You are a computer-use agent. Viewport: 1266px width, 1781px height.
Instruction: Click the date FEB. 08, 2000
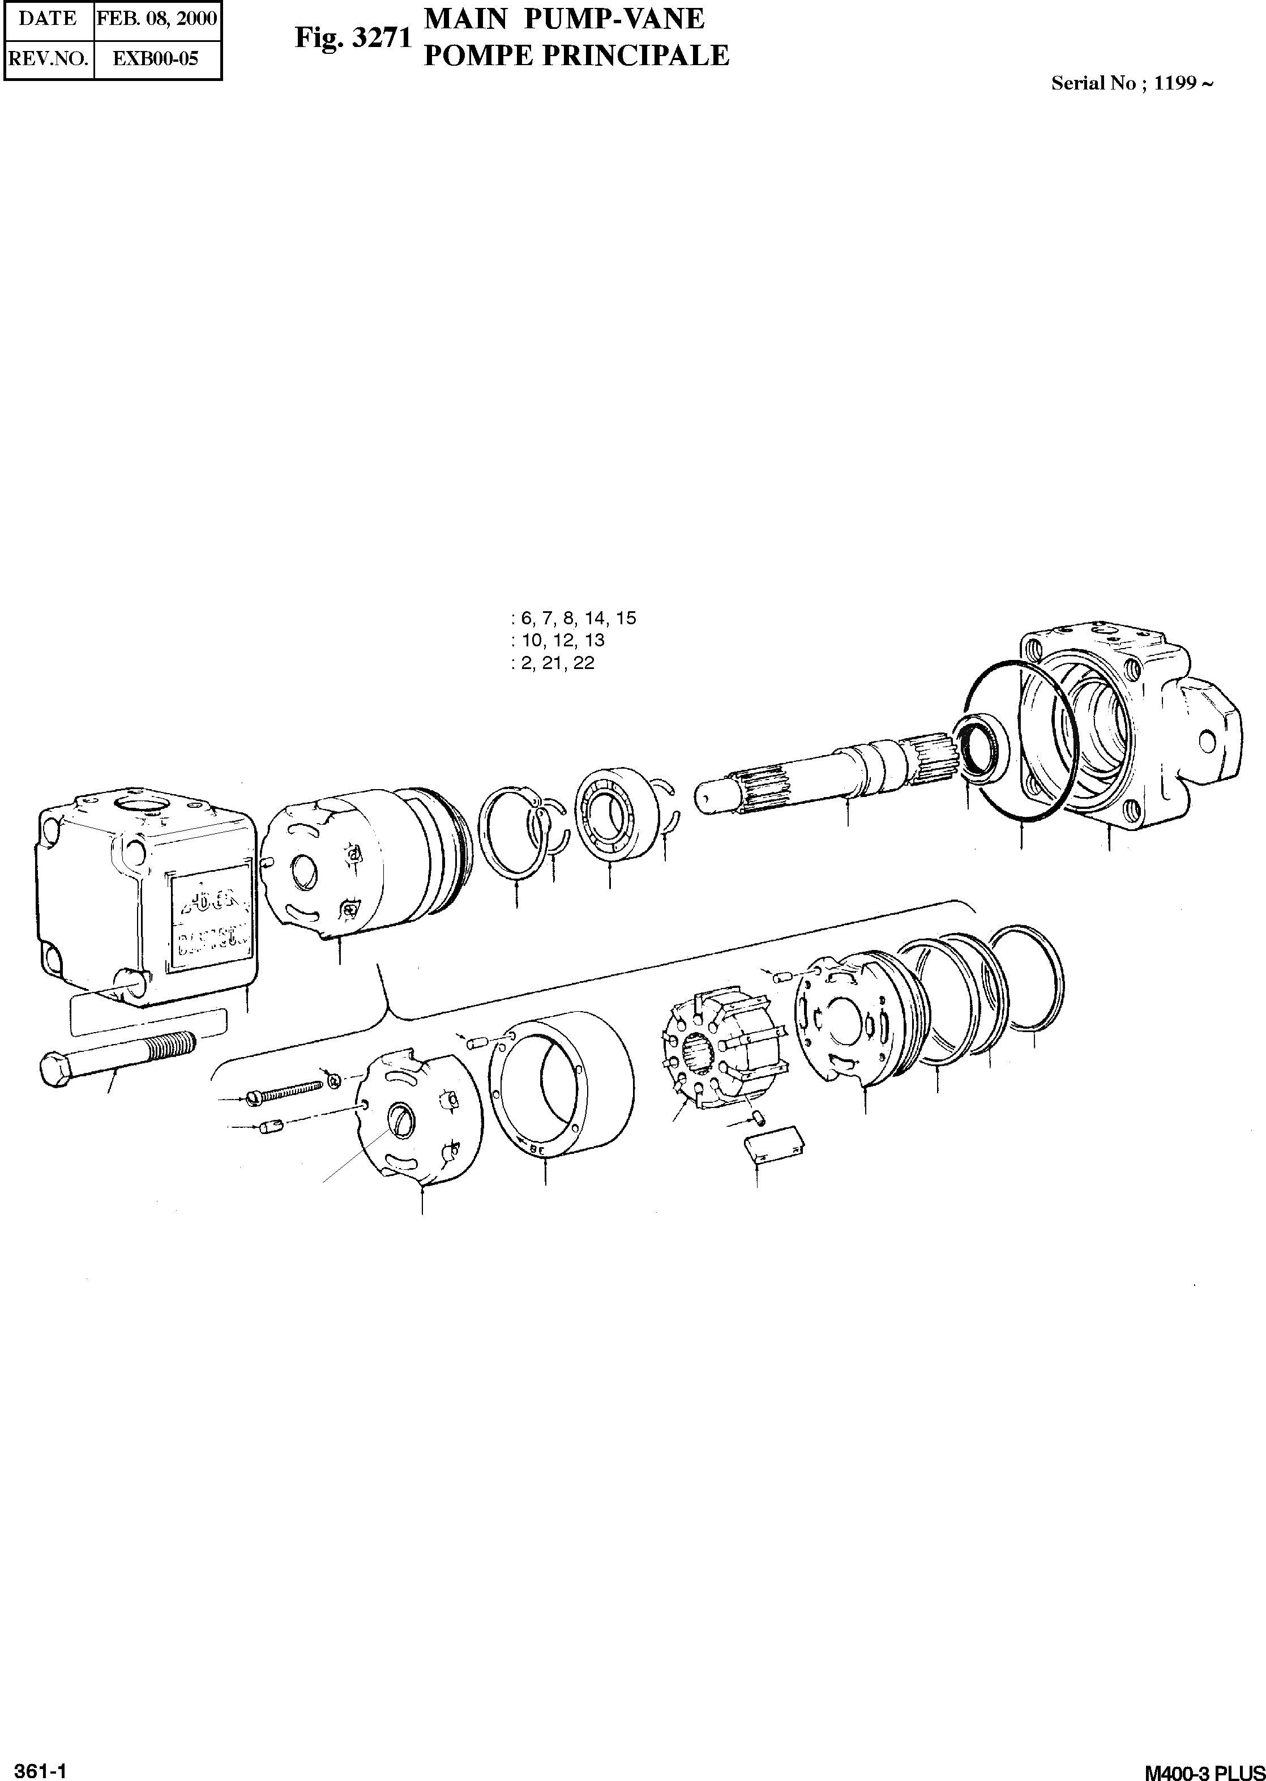tap(157, 19)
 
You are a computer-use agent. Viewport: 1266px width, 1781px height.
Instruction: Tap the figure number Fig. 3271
tap(352, 37)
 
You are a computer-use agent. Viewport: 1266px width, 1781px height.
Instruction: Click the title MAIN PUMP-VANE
tap(563, 19)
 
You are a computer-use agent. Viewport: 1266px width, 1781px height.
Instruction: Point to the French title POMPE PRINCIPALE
tap(576, 56)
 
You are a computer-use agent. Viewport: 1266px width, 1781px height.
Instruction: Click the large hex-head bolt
tap(117, 1055)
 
